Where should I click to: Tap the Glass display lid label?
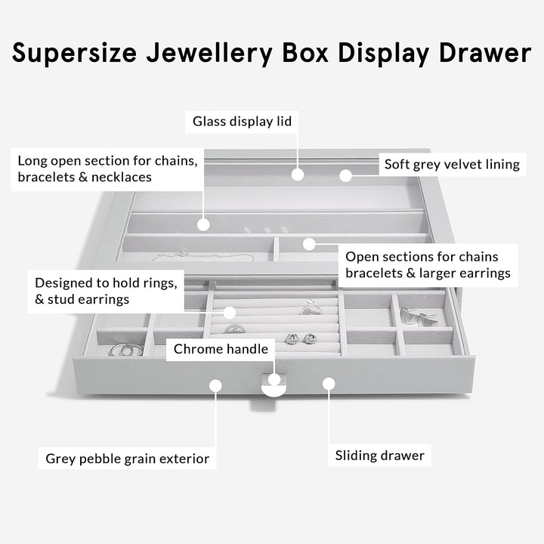(242, 121)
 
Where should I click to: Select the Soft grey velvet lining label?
(452, 164)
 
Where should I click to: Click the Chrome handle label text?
(221, 349)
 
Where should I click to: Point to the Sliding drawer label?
(380, 456)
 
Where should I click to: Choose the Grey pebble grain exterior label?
(127, 458)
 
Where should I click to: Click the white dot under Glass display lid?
(298, 175)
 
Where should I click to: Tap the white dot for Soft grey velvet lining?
(345, 175)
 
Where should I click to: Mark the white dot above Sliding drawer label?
(329, 384)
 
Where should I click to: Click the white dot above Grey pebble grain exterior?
(215, 385)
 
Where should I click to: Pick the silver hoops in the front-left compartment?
(125, 350)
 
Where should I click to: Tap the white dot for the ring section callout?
(230, 312)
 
